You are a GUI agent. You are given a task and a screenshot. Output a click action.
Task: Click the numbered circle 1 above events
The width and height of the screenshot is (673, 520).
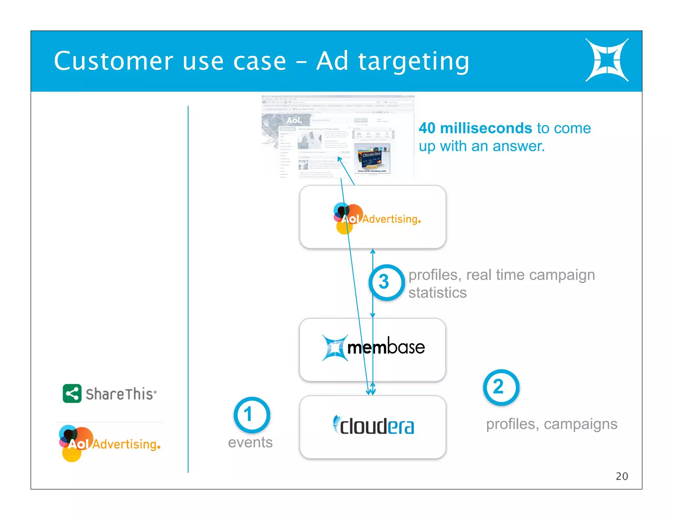click(252, 414)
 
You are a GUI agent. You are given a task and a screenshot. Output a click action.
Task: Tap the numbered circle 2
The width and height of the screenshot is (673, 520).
click(501, 387)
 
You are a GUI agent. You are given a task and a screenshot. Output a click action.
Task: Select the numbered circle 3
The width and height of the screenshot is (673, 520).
click(386, 282)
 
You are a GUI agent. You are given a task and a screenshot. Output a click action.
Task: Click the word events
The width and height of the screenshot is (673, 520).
click(250, 442)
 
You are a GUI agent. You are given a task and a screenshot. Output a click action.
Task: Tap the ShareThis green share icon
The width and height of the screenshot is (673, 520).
click(72, 393)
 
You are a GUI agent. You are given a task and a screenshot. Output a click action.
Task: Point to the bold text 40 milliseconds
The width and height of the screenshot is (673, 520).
click(475, 128)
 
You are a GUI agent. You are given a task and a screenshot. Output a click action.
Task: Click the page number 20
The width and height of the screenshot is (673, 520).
click(621, 476)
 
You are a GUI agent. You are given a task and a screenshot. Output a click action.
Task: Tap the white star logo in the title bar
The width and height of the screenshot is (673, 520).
click(607, 60)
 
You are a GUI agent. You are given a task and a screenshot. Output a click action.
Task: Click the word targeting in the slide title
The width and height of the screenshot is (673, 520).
click(413, 61)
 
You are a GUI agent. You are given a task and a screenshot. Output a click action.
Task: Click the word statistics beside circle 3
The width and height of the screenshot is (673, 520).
click(437, 293)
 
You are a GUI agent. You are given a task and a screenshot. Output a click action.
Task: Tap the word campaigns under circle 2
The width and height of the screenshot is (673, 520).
click(580, 424)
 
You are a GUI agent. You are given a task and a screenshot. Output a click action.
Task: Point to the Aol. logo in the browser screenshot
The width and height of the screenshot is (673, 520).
click(294, 120)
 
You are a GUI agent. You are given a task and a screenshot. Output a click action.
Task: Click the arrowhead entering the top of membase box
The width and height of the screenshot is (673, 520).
click(373, 315)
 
